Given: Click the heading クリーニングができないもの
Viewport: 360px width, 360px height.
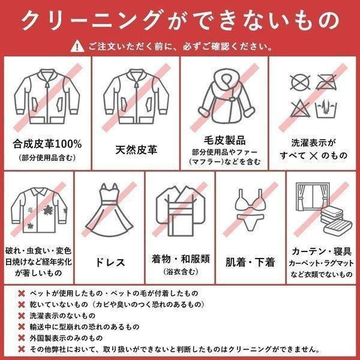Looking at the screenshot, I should click(x=180, y=21).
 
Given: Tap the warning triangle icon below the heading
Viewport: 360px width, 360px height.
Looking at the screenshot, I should click(x=77, y=46).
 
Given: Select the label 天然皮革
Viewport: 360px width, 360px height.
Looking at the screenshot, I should click(x=136, y=149).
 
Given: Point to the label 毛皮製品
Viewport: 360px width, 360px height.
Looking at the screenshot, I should click(x=224, y=140).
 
